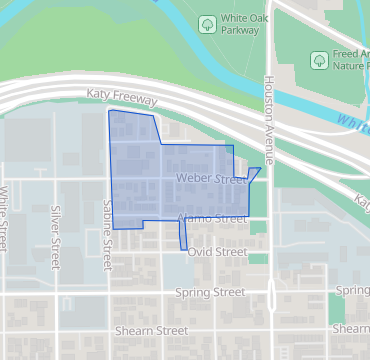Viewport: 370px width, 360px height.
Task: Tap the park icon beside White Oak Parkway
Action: pos(207,22)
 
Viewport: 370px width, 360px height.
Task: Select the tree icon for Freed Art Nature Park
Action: pos(319,60)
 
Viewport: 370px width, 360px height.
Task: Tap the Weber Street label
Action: pos(210,180)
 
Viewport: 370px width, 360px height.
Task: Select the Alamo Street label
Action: pos(211,218)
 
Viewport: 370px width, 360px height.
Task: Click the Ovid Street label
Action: pos(216,253)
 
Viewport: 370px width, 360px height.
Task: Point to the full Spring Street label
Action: pos(210,292)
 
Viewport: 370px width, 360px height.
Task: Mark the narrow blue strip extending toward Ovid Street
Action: pos(183,237)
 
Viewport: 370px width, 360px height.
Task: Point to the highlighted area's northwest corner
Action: pos(109,111)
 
